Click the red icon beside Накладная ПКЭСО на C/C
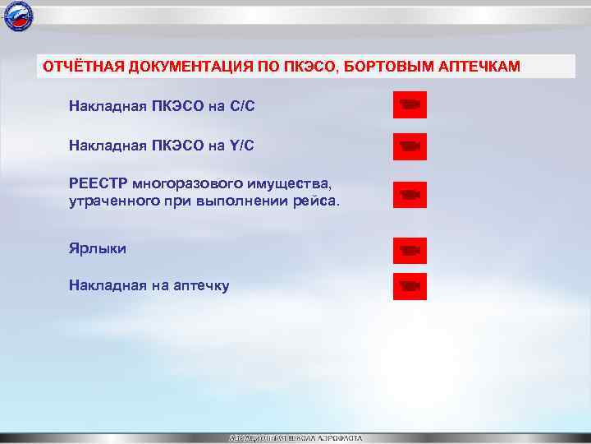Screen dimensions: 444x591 pos(410,105)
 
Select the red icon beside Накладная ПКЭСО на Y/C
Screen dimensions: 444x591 pos(410,146)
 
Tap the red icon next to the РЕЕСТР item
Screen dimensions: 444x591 pos(410,195)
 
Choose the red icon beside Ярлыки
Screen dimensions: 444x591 pos(410,249)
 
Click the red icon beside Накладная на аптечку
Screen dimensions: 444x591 pos(410,286)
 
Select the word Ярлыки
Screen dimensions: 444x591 pos(98,247)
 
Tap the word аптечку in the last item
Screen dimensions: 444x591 pos(201,286)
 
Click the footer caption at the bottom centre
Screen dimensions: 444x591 pos(295,438)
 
